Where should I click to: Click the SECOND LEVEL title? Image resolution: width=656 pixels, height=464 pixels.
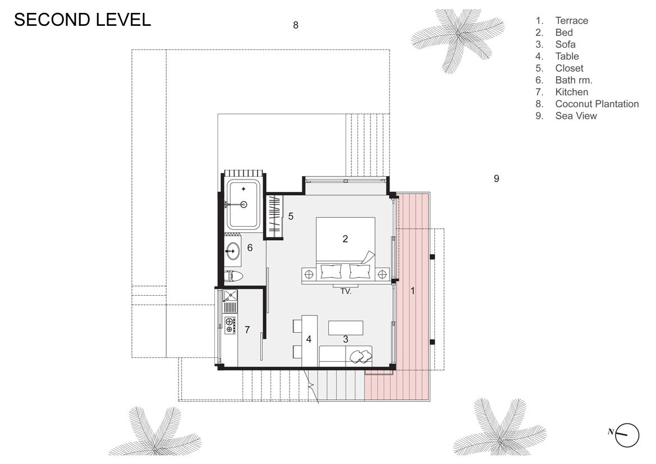[82, 20]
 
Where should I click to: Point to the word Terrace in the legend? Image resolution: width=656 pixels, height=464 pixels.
[571, 21]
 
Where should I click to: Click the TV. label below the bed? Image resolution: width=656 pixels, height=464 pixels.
[346, 291]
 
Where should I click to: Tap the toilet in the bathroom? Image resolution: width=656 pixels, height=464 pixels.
[233, 276]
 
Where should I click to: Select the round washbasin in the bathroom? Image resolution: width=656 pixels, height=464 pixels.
[233, 251]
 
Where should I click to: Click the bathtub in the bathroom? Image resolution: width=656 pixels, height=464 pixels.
[244, 204]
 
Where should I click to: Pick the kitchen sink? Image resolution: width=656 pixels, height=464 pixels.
[230, 296]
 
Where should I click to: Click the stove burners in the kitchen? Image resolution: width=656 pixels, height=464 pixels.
[230, 325]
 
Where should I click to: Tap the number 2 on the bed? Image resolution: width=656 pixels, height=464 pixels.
[345, 239]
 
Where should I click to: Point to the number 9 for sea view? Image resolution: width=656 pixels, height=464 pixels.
[496, 178]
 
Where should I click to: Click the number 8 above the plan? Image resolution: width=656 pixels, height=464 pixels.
[295, 25]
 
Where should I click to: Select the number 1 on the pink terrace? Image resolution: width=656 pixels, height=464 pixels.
[412, 291]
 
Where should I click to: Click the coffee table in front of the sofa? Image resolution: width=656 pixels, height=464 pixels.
[346, 328]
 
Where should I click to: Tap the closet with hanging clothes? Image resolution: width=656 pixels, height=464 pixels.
[275, 217]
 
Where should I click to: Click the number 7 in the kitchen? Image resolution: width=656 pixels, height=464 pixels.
[247, 330]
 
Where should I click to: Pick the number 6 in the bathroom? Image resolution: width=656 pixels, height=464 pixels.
[250, 247]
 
